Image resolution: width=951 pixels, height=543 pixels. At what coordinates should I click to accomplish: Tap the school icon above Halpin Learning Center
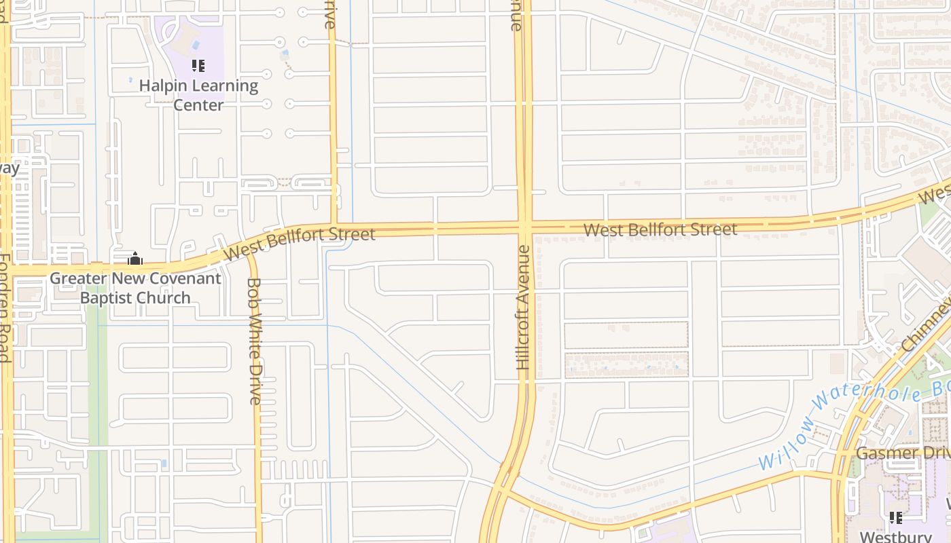pos(198,66)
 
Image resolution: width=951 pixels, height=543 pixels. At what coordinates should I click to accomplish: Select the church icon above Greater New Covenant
pos(134,259)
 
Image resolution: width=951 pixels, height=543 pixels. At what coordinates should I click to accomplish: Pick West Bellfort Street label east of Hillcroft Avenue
pos(660,229)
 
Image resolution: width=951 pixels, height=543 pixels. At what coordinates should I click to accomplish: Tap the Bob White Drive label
pos(254,341)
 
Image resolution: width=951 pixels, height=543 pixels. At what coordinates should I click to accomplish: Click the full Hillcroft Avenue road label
pos(523,307)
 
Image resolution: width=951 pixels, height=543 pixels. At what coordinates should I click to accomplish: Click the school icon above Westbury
pos(895,518)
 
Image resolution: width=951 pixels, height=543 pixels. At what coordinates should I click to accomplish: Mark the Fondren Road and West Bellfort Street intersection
pos(7,270)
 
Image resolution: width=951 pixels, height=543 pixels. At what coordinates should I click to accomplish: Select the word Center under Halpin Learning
pos(198,105)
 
